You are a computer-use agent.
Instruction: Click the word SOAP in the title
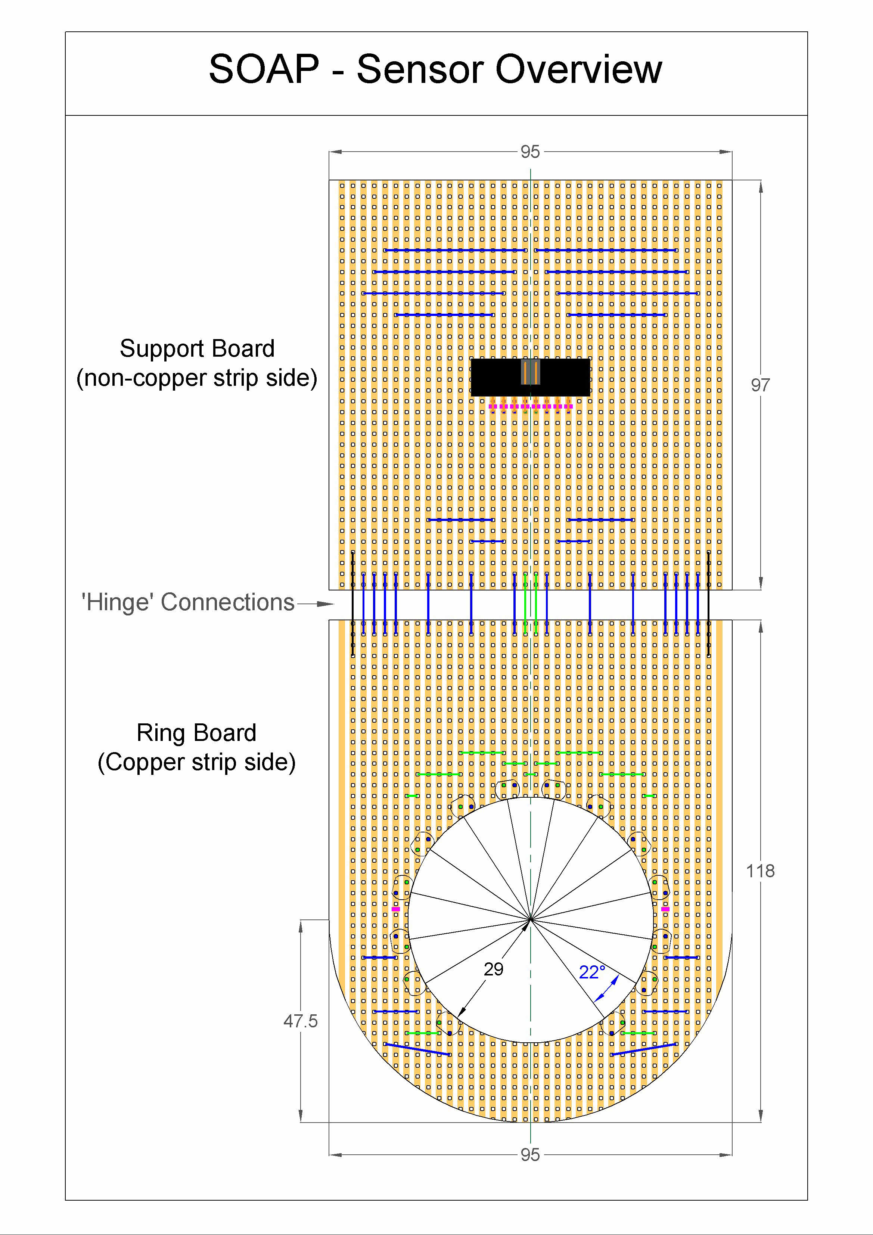pyautogui.click(x=264, y=69)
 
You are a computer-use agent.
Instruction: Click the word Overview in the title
pyautogui.click(x=578, y=69)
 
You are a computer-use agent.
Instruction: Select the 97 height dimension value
pyautogui.click(x=760, y=385)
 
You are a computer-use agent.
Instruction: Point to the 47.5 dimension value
pyautogui.click(x=300, y=1021)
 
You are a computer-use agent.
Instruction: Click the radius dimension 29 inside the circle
pyautogui.click(x=493, y=969)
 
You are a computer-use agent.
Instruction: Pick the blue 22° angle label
pyautogui.click(x=592, y=972)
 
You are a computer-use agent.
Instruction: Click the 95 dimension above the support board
pyautogui.click(x=530, y=152)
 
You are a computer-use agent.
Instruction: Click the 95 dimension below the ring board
pyautogui.click(x=530, y=1155)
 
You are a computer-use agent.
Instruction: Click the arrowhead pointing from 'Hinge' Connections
pyautogui.click(x=326, y=604)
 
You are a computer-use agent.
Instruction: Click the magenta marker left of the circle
pyautogui.click(x=396, y=909)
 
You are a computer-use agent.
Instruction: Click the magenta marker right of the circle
pyautogui.click(x=665, y=909)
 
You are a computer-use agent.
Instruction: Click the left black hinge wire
pyautogui.click(x=352, y=603)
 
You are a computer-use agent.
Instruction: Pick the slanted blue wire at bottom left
pyautogui.click(x=417, y=1049)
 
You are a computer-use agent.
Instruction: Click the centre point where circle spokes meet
pyautogui.click(x=530, y=920)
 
